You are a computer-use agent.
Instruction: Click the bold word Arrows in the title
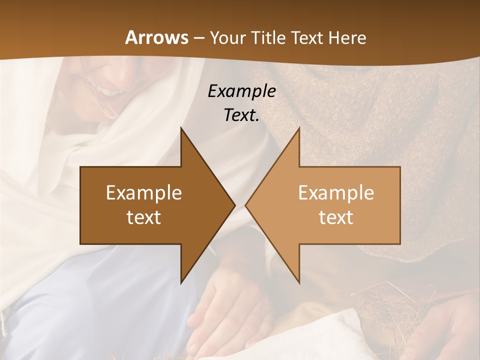pyautogui.click(x=156, y=37)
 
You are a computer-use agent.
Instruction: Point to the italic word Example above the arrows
pyautogui.click(x=241, y=91)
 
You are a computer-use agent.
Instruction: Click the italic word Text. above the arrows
pyautogui.click(x=241, y=115)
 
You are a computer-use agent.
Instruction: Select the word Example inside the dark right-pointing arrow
pyautogui.click(x=144, y=192)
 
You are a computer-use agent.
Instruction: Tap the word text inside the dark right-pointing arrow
pyautogui.click(x=144, y=217)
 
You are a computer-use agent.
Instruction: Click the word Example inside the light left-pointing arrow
pyautogui.click(x=336, y=192)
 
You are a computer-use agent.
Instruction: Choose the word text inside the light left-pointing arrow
pyautogui.click(x=336, y=217)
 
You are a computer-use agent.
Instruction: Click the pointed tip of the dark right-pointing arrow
pyautogui.click(x=234, y=205)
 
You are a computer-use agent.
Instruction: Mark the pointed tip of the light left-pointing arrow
pyautogui.click(x=246, y=205)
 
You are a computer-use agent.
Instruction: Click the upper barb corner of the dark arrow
pyautogui.click(x=181, y=128)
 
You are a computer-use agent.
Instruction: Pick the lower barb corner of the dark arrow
pyautogui.click(x=181, y=282)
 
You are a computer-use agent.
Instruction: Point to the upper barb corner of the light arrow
pyautogui.click(x=299, y=128)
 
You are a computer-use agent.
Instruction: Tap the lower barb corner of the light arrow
pyautogui.click(x=299, y=282)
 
